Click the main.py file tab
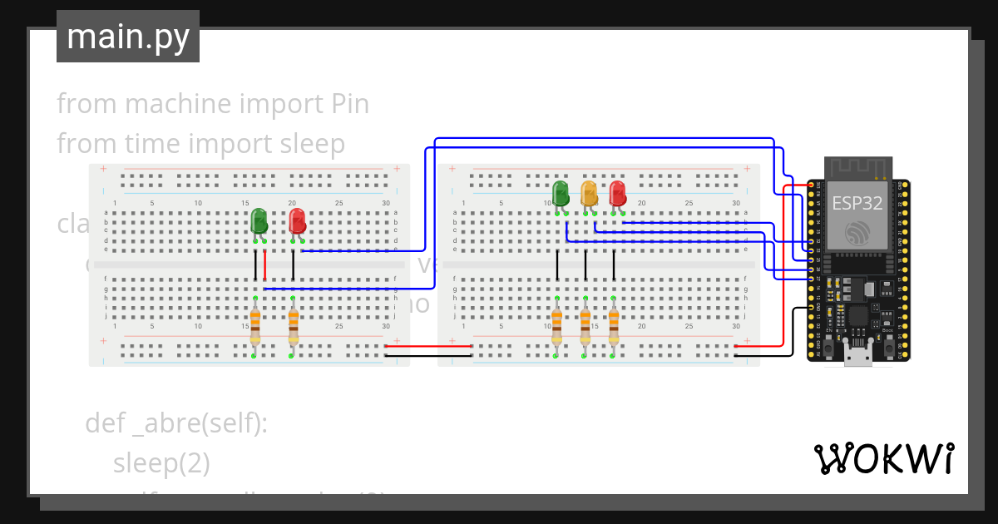127,37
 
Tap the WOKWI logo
882,458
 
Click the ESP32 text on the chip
857,203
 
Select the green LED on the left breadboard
259,221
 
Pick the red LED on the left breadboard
297,221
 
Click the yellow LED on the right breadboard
589,194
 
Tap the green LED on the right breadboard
561,193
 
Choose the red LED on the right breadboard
617,194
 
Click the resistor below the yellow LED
585,325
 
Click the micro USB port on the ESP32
857,356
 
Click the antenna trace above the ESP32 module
857,168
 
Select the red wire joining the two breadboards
429,345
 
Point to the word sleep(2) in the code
161,463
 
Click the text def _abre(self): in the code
176,423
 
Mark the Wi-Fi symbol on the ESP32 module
857,234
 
